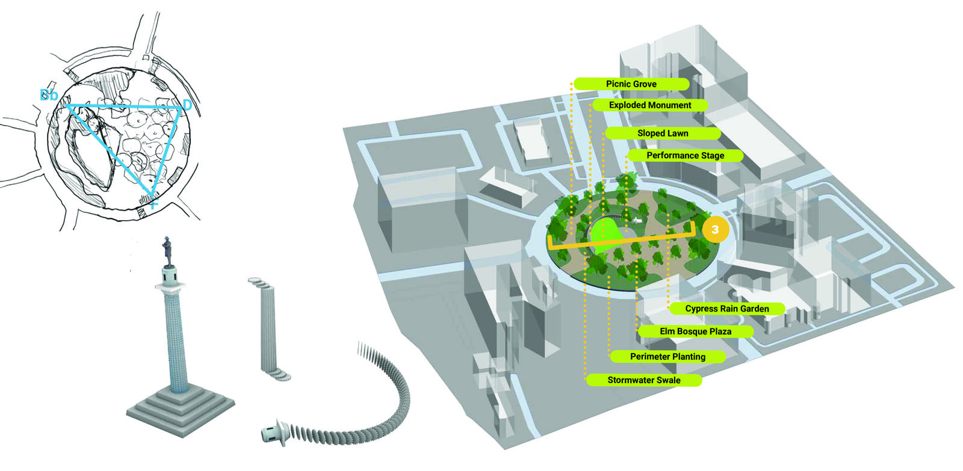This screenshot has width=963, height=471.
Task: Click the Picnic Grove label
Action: [x=631, y=84]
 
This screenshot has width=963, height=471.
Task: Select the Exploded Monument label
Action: [x=649, y=105]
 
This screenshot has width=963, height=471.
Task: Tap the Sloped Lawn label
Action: [x=663, y=133]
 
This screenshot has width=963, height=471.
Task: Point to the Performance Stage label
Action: [x=686, y=156]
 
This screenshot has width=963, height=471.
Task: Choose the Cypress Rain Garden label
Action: [x=727, y=309]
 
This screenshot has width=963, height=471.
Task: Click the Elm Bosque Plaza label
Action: [x=695, y=331]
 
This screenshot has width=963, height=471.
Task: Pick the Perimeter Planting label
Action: [x=667, y=357]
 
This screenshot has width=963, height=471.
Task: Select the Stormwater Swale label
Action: [x=643, y=380]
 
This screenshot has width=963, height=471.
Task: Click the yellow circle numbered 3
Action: [x=715, y=229]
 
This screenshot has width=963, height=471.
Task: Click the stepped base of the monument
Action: [x=181, y=410]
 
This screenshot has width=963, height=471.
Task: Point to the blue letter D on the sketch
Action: [x=187, y=105]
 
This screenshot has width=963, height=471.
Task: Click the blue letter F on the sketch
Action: [x=154, y=205]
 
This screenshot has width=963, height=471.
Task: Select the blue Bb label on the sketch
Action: [x=49, y=95]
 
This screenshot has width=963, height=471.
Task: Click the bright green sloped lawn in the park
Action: [x=606, y=234]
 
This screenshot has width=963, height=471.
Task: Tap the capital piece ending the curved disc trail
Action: [x=276, y=433]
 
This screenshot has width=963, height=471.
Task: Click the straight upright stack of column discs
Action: [x=268, y=329]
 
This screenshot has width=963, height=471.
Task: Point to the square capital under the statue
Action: [x=170, y=285]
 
